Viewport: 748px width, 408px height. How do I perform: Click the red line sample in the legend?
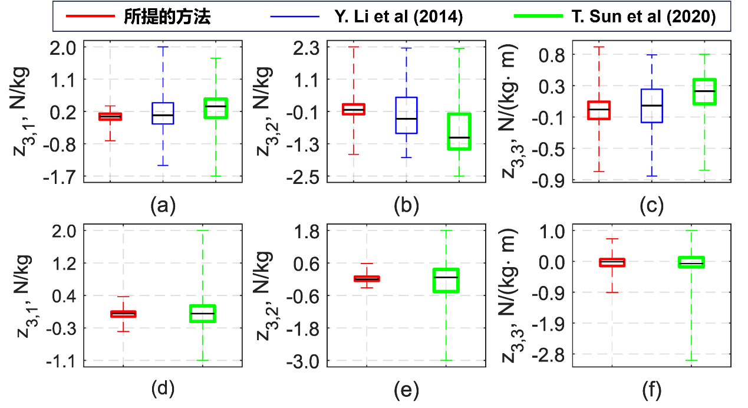coord(90,16)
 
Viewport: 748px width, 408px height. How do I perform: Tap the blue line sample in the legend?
coord(294,16)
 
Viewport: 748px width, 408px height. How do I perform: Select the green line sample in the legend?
coord(538,16)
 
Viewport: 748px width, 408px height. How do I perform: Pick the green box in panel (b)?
coord(459,131)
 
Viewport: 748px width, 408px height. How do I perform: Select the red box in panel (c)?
coord(599,110)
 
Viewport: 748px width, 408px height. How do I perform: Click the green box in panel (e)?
coord(446,280)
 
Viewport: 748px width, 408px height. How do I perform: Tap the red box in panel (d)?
coord(123,314)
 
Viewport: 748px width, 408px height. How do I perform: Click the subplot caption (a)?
coord(163,205)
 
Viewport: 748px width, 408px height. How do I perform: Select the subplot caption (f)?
coord(651,390)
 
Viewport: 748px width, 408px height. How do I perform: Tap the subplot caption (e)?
coord(407,390)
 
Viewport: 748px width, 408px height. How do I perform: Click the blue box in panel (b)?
coord(406,116)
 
